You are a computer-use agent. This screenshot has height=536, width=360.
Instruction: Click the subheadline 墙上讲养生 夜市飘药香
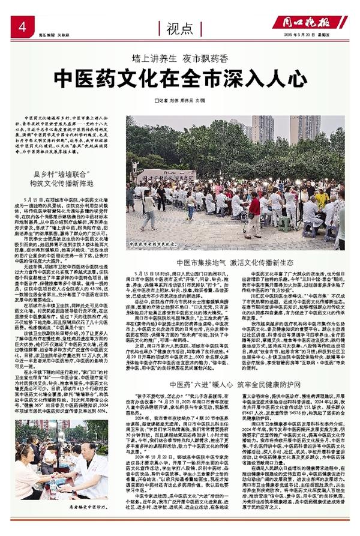(181, 59)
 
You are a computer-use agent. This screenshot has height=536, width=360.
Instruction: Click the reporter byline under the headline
(181, 99)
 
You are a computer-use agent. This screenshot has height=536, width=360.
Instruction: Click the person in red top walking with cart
(255, 210)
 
